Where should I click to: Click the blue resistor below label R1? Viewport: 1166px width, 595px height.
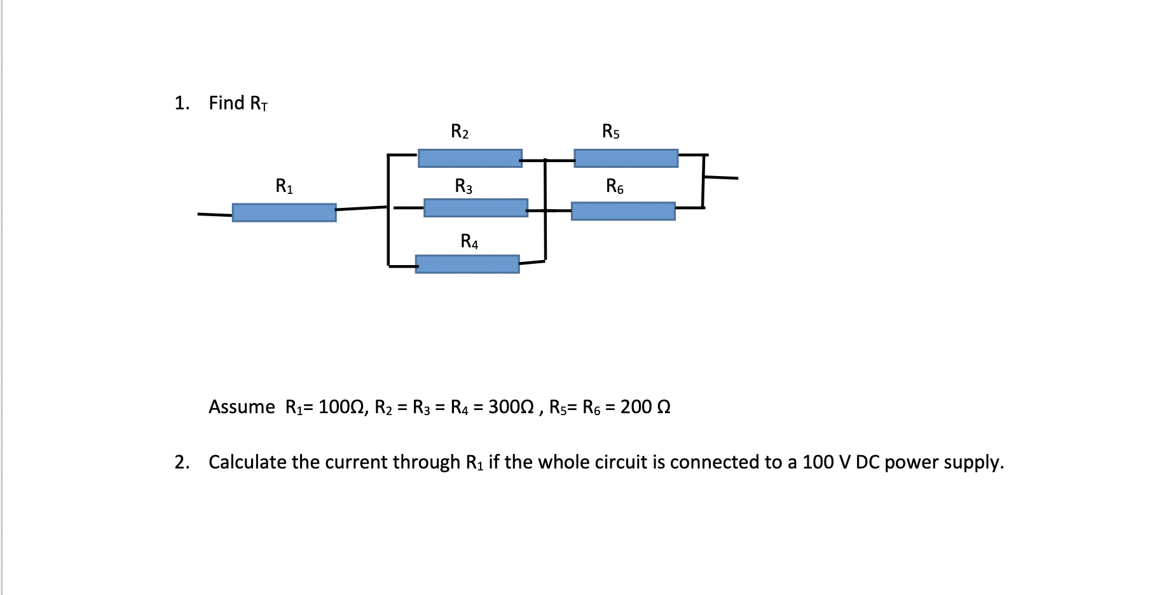coord(284,212)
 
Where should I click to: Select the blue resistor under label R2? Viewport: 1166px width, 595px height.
coord(470,158)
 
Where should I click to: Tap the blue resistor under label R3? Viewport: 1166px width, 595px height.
coord(476,208)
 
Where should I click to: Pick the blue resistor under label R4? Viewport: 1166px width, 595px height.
coord(467,264)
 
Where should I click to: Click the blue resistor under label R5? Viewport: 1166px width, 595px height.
coord(626,158)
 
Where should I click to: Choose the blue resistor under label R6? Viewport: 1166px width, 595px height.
coord(623,211)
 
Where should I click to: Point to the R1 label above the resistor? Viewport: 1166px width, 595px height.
coord(284,186)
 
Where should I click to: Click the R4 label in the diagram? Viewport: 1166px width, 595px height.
coord(469,242)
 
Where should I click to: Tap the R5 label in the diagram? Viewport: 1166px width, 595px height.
coord(611,132)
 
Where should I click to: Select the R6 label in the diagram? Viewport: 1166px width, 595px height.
coord(615,186)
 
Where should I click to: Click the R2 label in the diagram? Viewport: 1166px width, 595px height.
coord(460,132)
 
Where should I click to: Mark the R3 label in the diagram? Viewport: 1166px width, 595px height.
coord(463,186)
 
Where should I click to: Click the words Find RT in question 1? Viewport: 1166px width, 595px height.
coord(238,103)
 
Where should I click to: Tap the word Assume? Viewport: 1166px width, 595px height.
coord(242,407)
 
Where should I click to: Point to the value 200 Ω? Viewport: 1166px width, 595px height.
coord(645,407)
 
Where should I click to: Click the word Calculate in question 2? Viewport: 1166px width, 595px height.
coord(247,462)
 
